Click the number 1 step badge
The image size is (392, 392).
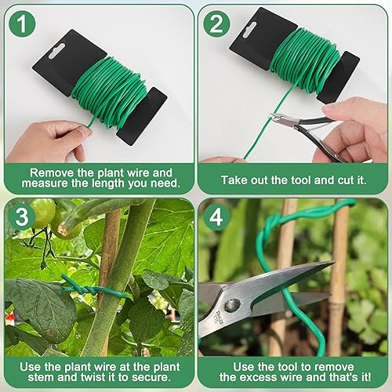click(x=22, y=24)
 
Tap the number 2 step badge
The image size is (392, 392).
click(x=216, y=24)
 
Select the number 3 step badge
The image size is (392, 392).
click(x=22, y=216)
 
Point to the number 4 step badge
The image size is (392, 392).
click(x=216, y=216)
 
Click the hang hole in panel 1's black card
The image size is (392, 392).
click(x=56, y=51)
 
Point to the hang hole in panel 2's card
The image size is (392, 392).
click(x=250, y=30)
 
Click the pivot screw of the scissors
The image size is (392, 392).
click(x=233, y=305)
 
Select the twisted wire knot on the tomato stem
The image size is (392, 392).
click(x=81, y=289)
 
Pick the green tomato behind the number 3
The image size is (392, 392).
click(x=43, y=212)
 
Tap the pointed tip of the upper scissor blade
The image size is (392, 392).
click(x=333, y=262)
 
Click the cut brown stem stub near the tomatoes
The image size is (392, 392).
click(x=64, y=230)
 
